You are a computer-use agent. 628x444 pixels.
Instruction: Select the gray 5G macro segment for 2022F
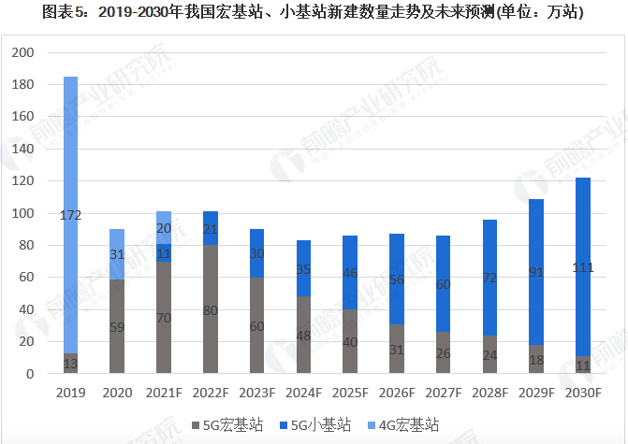click(x=211, y=308)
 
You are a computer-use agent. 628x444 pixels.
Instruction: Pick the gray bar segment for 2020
click(x=117, y=327)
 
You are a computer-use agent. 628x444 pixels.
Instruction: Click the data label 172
click(x=70, y=216)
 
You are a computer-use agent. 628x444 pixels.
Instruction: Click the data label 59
click(x=117, y=328)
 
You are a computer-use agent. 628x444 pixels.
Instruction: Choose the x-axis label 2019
click(x=70, y=394)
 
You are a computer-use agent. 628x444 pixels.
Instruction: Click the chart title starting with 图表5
click(x=314, y=13)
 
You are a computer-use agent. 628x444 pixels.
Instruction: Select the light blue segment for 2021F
click(x=165, y=227)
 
